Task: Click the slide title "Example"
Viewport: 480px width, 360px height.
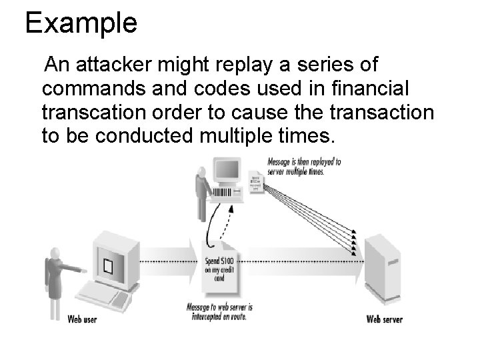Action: (x=81, y=23)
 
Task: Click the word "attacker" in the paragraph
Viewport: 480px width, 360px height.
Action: (x=119, y=66)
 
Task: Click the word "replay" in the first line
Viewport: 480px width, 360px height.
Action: (x=253, y=66)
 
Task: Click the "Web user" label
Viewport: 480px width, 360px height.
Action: (x=82, y=319)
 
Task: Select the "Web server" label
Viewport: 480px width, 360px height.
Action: (x=384, y=319)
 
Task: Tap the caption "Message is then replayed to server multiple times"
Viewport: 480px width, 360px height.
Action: (x=304, y=166)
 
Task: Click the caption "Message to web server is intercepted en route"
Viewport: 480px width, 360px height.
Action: (x=219, y=311)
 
